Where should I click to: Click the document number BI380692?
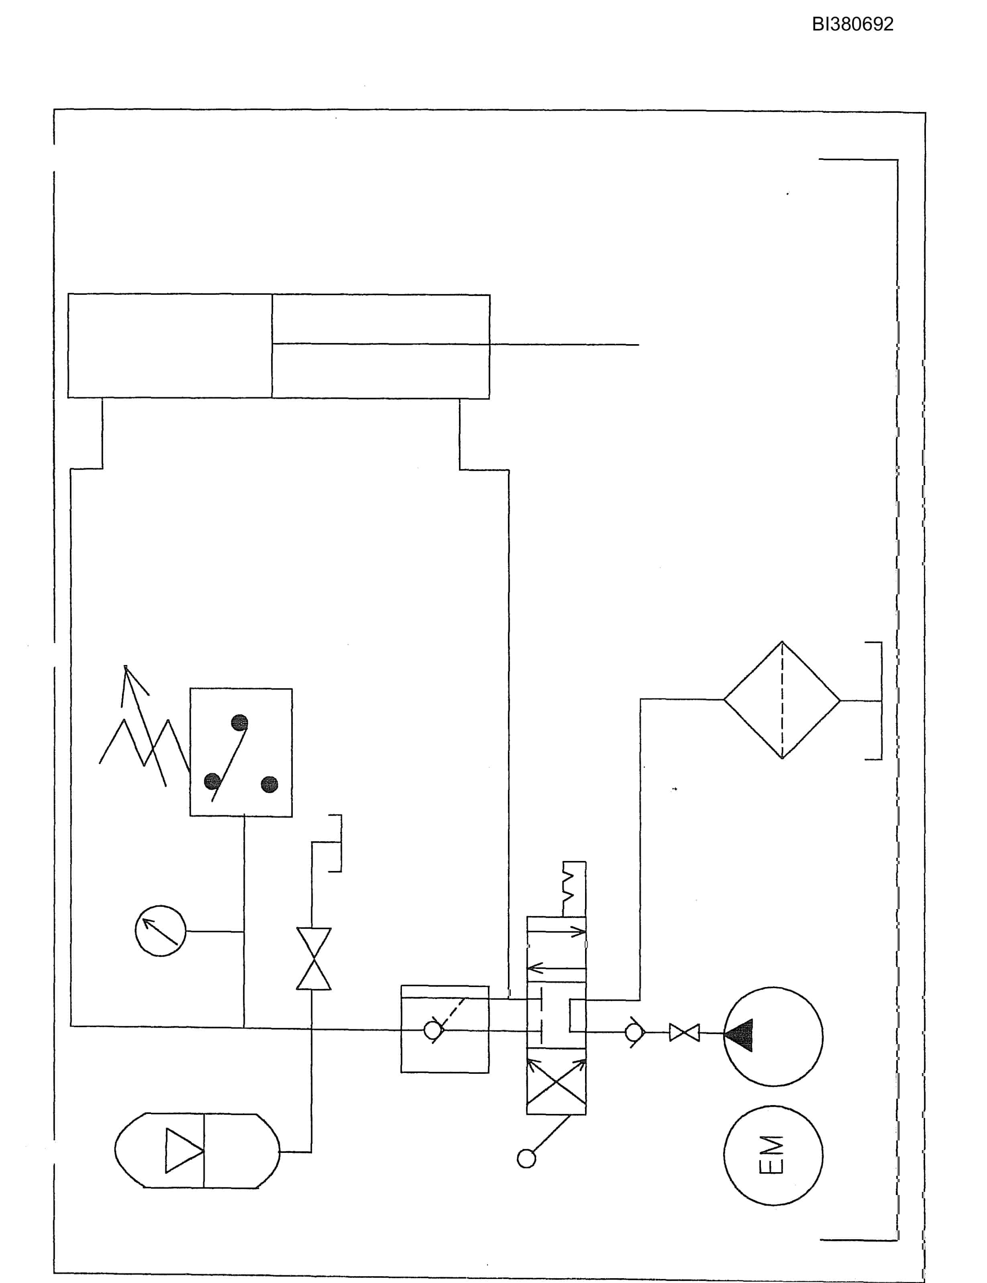(852, 24)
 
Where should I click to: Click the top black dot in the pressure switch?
(239, 722)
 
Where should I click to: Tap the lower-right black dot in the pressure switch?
(269, 784)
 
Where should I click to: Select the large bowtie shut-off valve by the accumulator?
(314, 959)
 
